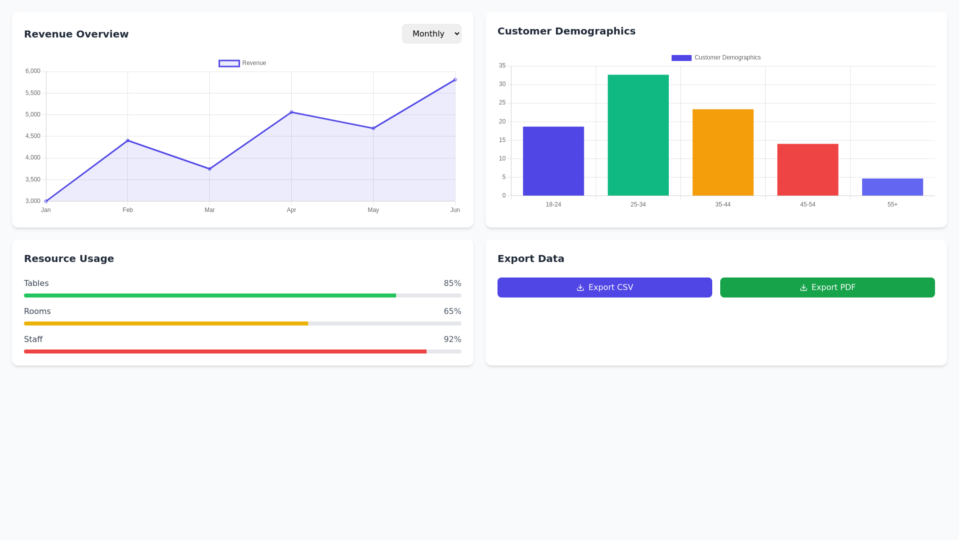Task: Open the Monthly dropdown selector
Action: [x=432, y=33]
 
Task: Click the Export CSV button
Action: [x=604, y=287]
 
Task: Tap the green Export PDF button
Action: [x=827, y=287]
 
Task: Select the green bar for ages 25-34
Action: [x=638, y=135]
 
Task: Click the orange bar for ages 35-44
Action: [x=723, y=152]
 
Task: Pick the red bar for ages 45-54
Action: [x=808, y=170]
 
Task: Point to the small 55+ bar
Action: [x=892, y=187]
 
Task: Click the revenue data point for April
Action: [x=291, y=112]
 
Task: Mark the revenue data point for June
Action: [x=455, y=80]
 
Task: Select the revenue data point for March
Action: [x=209, y=169]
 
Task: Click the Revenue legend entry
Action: [x=243, y=63]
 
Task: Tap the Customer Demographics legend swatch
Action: [x=681, y=58]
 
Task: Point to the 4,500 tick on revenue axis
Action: [x=33, y=136]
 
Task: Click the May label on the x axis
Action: [x=373, y=210]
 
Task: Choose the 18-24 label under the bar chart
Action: [x=553, y=204]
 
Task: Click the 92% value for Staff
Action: [x=452, y=339]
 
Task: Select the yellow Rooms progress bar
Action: [x=166, y=323]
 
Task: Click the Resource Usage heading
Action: [x=69, y=258]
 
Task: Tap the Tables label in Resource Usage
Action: [x=36, y=283]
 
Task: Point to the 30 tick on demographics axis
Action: [x=502, y=84]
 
